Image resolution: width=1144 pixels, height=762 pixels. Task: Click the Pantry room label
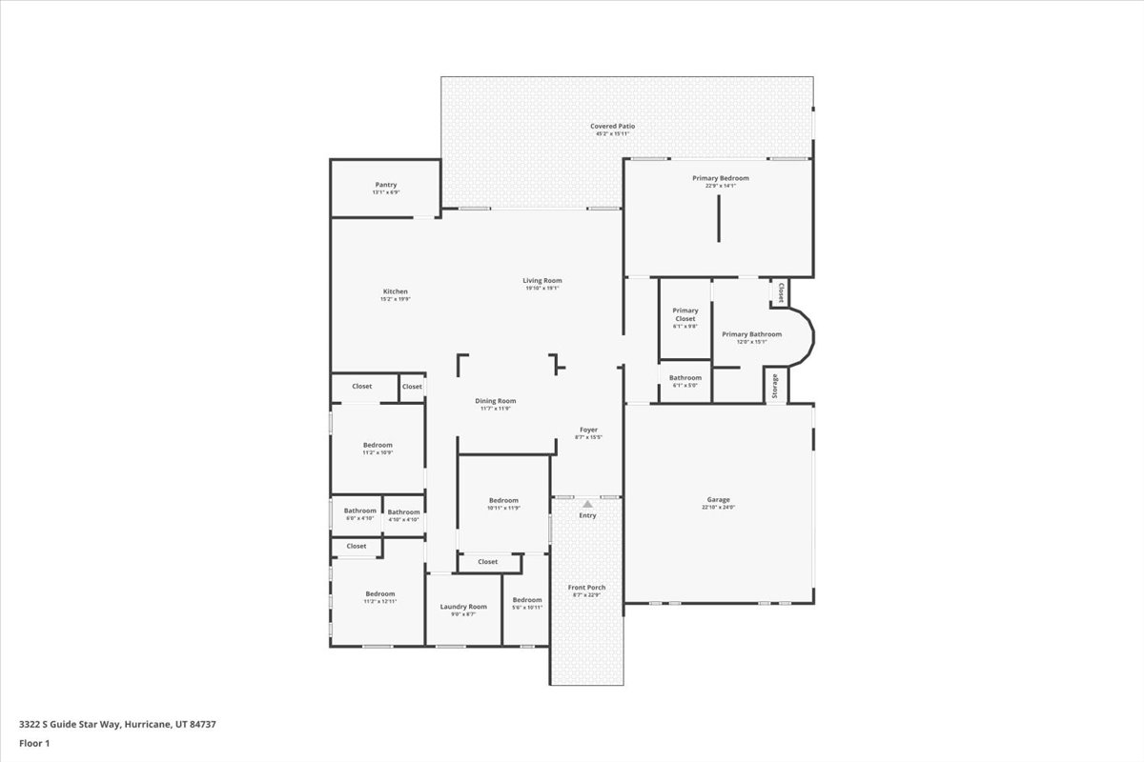[385, 185]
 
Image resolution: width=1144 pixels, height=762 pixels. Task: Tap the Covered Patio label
[612, 126]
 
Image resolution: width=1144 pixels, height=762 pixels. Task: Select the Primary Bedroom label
[720, 178]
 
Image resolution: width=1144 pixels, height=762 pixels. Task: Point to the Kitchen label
[396, 291]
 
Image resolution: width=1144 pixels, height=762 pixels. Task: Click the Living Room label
[542, 280]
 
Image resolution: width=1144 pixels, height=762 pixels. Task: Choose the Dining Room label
[495, 401]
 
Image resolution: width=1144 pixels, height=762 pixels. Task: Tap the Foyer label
[588, 430]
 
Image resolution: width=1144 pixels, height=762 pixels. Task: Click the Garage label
[718, 500]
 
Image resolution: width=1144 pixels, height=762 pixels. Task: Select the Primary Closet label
[685, 314]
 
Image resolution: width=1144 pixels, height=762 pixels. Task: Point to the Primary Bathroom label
[751, 334]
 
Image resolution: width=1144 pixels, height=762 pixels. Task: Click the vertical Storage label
[775, 387]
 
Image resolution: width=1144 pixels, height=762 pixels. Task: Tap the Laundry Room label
[463, 607]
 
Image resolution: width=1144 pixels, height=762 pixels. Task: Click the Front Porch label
[586, 588]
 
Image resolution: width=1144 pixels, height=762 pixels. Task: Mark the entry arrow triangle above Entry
[588, 504]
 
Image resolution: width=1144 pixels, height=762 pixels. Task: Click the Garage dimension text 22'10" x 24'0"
[718, 508]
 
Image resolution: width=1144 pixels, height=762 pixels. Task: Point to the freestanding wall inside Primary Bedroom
[718, 221]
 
